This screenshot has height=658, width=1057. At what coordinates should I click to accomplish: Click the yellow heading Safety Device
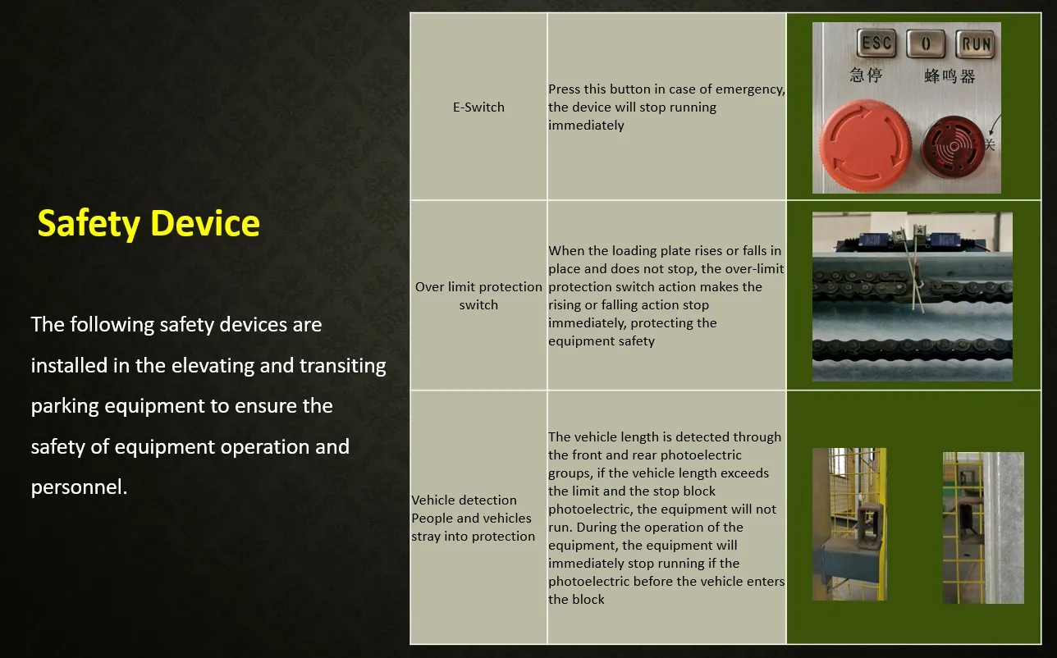149,224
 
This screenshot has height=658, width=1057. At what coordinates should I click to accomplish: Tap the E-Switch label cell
478,107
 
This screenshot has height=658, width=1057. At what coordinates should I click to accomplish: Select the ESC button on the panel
876,43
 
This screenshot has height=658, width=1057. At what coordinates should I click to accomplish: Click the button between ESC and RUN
926,43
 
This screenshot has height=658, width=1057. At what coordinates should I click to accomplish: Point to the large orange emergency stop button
866,145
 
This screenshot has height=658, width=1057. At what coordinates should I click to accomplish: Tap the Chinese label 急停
866,75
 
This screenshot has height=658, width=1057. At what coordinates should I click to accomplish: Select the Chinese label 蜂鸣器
949,76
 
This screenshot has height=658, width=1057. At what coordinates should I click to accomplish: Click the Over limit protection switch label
478,295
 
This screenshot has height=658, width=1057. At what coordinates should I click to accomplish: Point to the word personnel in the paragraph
79,487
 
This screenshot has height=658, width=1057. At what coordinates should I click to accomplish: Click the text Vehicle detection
464,500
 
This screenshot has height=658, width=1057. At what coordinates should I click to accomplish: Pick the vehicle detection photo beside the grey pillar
983,528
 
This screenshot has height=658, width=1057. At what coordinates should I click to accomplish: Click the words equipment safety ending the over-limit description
602,341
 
